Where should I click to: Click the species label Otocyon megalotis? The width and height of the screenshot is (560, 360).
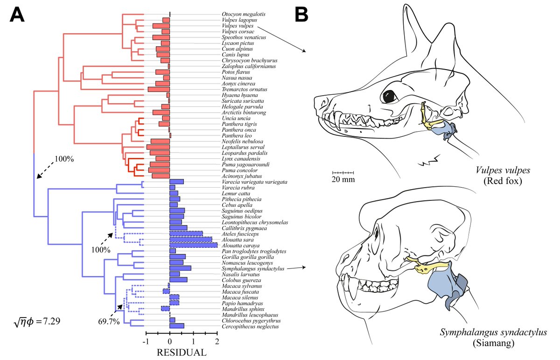239,14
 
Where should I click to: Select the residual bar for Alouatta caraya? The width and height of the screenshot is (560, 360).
193,245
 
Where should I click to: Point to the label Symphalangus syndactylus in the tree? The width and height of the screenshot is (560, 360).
253,268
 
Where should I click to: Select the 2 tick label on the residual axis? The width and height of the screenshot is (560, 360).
217,341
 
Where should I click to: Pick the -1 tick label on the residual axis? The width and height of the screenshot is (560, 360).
146,341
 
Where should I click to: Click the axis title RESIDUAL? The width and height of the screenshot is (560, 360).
182,352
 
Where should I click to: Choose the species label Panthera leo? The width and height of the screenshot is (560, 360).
235,135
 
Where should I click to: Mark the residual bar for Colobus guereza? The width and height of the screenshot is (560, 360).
178,280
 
